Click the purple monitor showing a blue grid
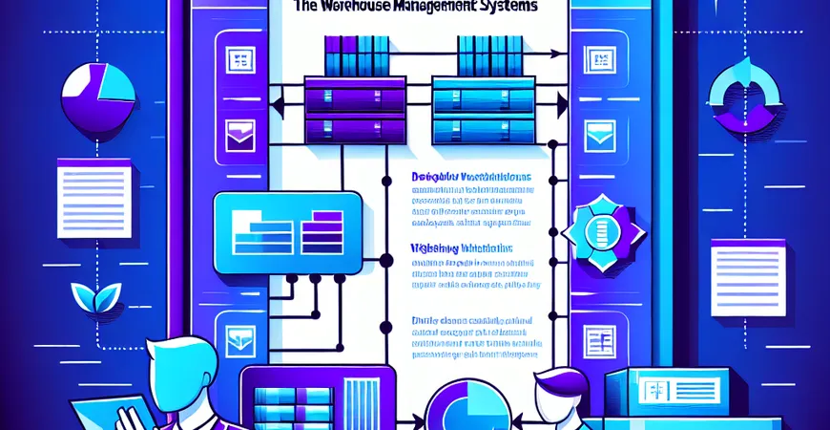click(x=315, y=398)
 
